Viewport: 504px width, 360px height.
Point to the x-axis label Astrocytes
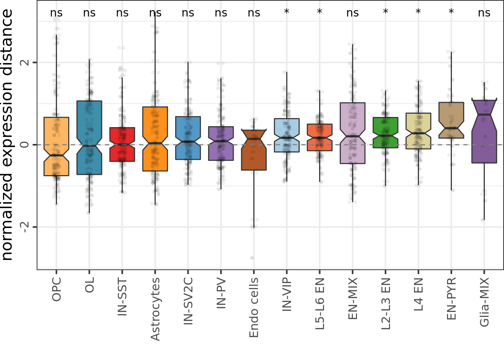coord(155,309)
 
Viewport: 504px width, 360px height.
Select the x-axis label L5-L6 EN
coord(320,303)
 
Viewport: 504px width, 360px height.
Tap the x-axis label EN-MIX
coord(353,298)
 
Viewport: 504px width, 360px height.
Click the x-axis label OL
coord(89,285)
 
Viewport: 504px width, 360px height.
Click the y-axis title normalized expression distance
coord(7,135)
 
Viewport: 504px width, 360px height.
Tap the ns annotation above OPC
coord(56,13)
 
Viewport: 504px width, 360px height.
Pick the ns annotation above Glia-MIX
coord(484,13)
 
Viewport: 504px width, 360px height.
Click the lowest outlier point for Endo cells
coord(252,258)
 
